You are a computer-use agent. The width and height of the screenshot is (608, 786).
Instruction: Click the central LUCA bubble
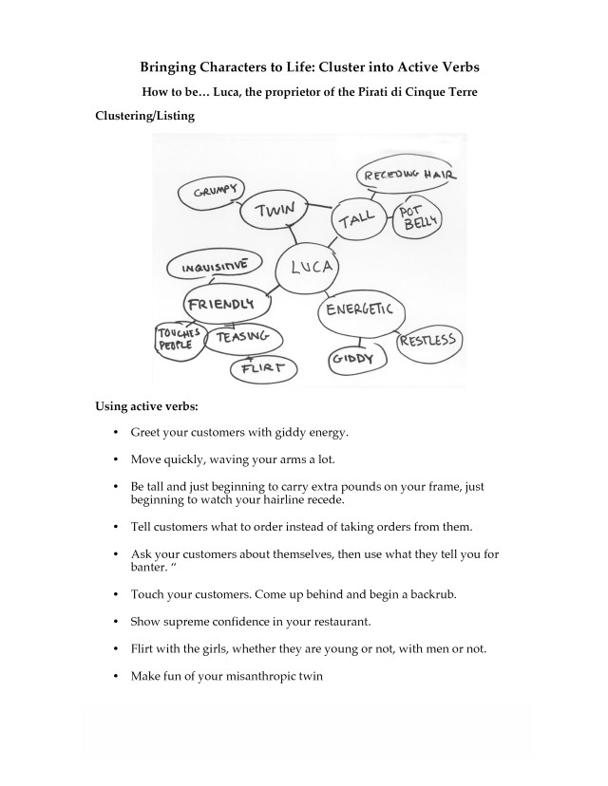[x=304, y=268]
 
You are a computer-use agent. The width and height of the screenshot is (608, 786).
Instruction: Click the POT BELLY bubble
[x=417, y=219]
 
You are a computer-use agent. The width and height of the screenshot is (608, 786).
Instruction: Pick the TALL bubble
[x=360, y=223]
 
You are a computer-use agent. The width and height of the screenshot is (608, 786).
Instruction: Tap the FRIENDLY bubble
[x=223, y=304]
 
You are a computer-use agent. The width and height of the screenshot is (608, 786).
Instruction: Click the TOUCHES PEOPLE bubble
[x=179, y=338]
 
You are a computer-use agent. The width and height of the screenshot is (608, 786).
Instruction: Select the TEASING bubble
[x=243, y=338]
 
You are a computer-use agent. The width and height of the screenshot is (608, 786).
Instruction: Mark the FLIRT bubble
[x=263, y=368]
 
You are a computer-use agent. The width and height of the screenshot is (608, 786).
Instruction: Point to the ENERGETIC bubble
[x=362, y=313]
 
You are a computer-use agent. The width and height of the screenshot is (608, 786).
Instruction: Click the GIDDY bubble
[x=356, y=360]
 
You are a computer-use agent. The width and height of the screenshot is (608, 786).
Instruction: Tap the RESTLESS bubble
[x=427, y=342]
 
